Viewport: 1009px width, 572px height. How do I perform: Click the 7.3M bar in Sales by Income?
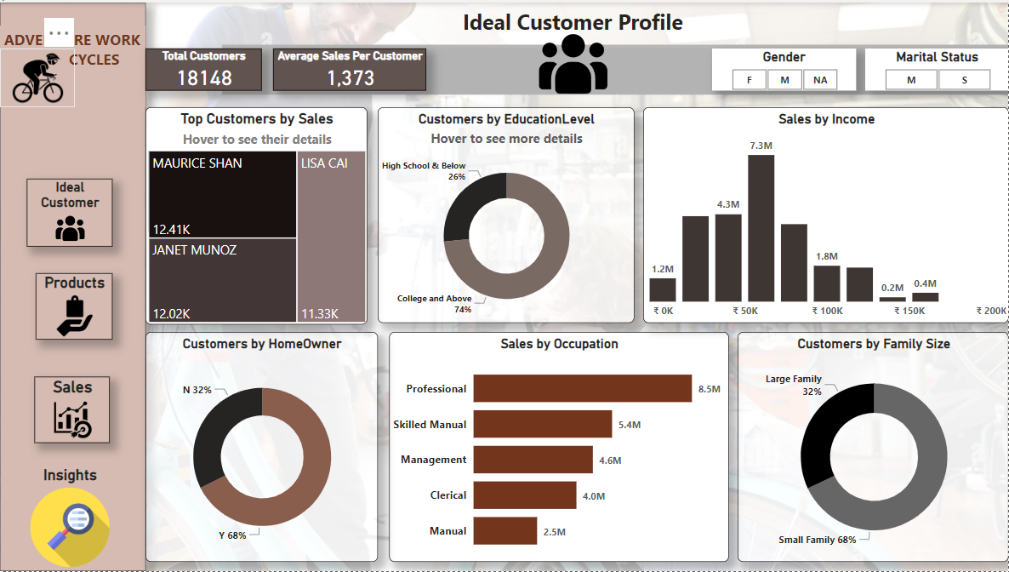click(x=761, y=228)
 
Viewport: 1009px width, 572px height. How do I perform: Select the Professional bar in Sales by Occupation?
click(x=582, y=388)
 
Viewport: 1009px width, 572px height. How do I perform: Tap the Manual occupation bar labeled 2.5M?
click(x=504, y=530)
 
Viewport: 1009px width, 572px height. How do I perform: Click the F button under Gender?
click(x=749, y=80)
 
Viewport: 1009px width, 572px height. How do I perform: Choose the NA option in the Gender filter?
click(x=819, y=80)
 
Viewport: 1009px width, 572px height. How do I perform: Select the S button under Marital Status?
click(x=964, y=80)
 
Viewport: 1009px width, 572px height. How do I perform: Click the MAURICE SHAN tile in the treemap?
click(x=222, y=195)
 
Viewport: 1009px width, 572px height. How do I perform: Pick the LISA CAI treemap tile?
click(x=331, y=237)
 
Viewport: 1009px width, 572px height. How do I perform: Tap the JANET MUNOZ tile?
click(x=222, y=280)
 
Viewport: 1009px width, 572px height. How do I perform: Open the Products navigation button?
click(x=74, y=306)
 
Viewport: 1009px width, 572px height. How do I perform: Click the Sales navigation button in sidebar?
click(x=72, y=409)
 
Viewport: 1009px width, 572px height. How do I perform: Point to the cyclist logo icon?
click(x=37, y=78)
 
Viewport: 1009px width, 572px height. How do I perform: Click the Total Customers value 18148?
click(x=204, y=78)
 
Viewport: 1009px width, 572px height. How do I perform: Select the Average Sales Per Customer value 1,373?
click(x=350, y=78)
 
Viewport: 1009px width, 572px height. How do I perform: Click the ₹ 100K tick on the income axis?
click(x=827, y=312)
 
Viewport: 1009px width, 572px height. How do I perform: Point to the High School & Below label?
click(x=424, y=166)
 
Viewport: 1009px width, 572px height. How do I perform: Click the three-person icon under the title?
click(x=573, y=65)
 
